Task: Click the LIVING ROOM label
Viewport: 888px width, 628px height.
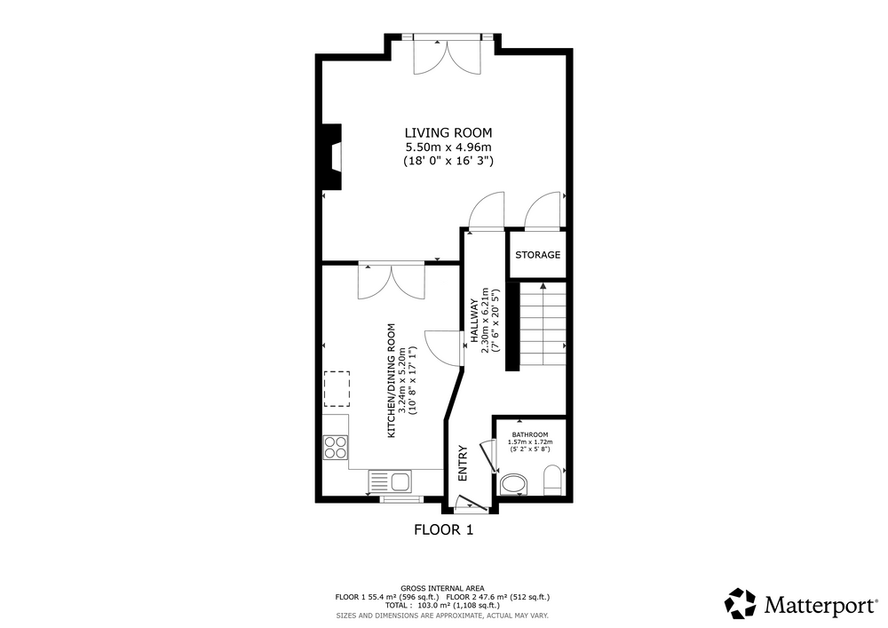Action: click(448, 132)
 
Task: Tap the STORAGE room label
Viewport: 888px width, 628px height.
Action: click(537, 255)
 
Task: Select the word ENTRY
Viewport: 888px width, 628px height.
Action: click(464, 463)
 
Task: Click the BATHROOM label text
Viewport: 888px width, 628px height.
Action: click(530, 435)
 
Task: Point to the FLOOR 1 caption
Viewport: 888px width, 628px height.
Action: click(443, 530)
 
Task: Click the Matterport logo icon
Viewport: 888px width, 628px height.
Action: click(741, 604)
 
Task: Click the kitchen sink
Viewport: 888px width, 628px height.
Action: click(392, 482)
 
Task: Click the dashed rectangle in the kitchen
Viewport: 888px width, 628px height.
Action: click(337, 389)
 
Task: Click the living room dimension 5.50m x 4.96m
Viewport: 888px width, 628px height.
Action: click(448, 147)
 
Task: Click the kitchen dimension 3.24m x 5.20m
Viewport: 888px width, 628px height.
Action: click(402, 380)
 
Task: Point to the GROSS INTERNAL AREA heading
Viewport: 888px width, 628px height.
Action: click(442, 589)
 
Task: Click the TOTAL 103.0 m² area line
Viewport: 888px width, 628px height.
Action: click(442, 605)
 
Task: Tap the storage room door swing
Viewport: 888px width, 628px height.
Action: click(542, 211)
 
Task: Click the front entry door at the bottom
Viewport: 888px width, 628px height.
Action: click(472, 502)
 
